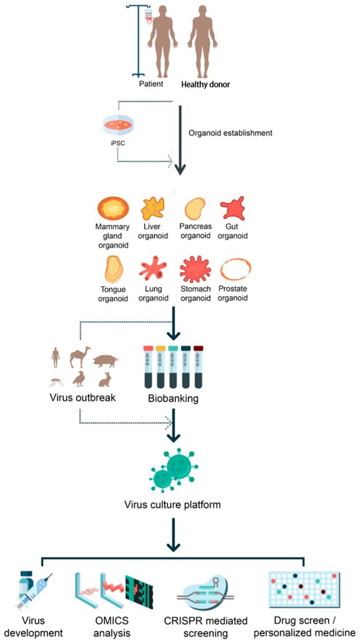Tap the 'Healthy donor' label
tap(205, 84)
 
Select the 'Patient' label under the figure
tap(151, 84)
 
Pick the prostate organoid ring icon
tap(235, 271)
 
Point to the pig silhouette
tap(106, 361)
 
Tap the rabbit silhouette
tap(105, 379)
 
